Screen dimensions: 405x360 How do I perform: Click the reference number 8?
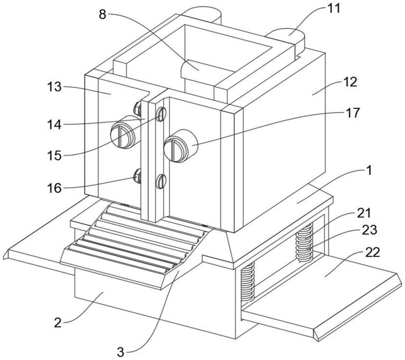pyautogui.click(x=102, y=15)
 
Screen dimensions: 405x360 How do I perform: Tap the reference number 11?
pyautogui.click(x=333, y=8)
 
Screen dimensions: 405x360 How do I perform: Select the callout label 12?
pyautogui.click(x=350, y=82)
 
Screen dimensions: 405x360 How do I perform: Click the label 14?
pyautogui.click(x=54, y=125)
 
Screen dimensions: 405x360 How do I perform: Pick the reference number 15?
pyautogui.click(x=54, y=156)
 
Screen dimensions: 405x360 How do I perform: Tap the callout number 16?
pyautogui.click(x=54, y=188)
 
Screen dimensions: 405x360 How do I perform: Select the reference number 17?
pyautogui.click(x=352, y=113)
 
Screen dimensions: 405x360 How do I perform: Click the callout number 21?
pyautogui.click(x=364, y=213)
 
